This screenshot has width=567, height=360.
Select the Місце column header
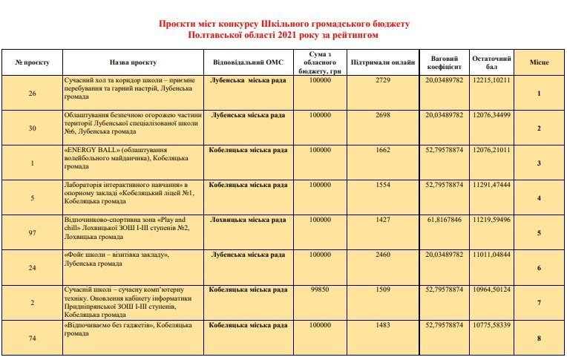coord(539,62)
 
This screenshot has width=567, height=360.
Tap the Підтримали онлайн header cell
coord(383,62)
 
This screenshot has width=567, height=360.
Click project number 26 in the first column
coord(32,94)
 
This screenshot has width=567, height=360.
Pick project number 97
coord(32,233)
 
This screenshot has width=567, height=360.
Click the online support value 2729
coord(383,79)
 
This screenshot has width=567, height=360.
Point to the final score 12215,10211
coord(491,79)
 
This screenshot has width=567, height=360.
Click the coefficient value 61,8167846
coord(444,220)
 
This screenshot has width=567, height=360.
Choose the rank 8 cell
coord(539,338)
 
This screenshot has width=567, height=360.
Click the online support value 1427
coord(383,220)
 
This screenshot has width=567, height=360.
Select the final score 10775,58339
coord(491,325)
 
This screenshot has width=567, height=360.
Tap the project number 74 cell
coord(32,338)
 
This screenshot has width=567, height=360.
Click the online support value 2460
coord(383,255)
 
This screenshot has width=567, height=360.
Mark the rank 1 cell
coord(539,94)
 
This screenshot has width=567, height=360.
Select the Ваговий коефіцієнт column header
coord(444,62)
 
